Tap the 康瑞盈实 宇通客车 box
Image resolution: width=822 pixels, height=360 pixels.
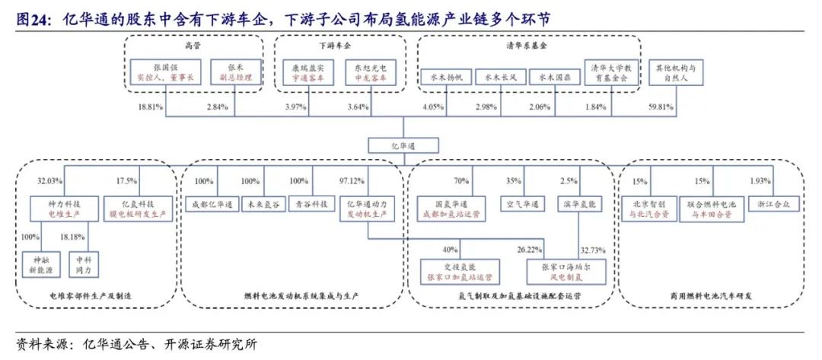[307, 72]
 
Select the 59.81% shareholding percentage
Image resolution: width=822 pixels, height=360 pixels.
[661, 107]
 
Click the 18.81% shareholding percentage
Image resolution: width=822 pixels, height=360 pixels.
[150, 107]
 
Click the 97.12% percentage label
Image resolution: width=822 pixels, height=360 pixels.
[355, 183]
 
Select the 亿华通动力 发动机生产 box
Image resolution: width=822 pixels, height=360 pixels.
[369, 209]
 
